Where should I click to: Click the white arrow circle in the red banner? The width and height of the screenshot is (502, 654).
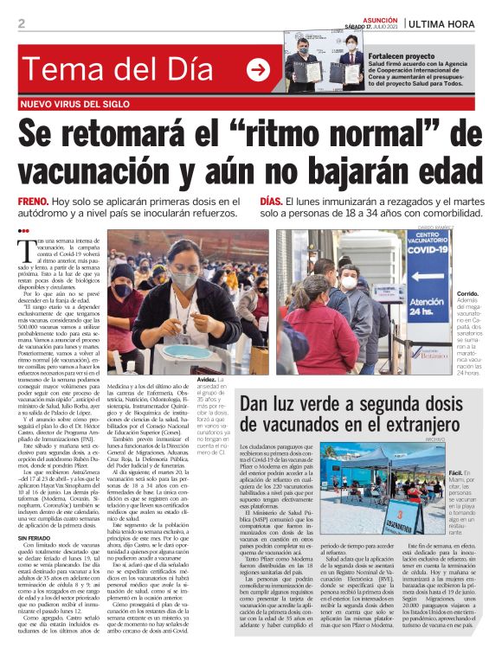click(258, 70)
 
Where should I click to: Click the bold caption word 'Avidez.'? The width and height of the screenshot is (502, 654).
click(208, 380)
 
